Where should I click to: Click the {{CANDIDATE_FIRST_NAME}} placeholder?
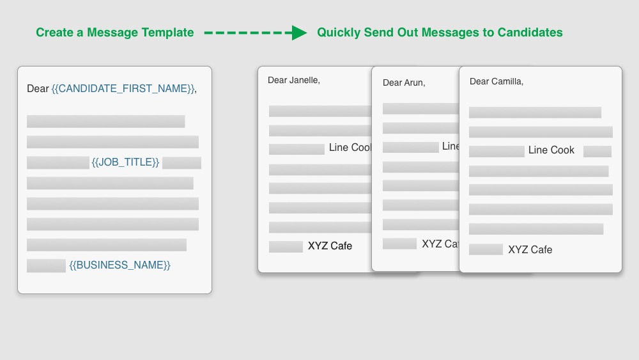coord(123,89)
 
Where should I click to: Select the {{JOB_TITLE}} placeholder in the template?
coord(126,162)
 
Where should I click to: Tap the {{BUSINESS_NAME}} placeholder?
coord(120,265)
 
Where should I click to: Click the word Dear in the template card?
coord(38,89)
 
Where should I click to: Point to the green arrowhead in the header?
coord(299,33)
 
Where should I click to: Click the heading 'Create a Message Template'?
coord(114,33)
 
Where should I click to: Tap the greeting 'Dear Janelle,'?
coord(294,80)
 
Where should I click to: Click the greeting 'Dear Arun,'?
coord(404,82)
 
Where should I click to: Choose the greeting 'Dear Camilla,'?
coord(497,81)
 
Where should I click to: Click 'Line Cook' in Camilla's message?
coord(551,150)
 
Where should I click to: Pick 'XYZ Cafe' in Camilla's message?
coord(530,249)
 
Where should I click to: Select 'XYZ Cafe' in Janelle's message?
coord(330,246)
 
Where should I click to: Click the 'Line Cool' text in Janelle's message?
coord(350,148)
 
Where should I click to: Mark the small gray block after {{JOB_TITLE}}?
coord(181,163)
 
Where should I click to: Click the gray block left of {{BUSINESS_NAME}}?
coord(46,265)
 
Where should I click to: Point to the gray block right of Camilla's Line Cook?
coord(597,152)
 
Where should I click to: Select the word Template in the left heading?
coord(167,33)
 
